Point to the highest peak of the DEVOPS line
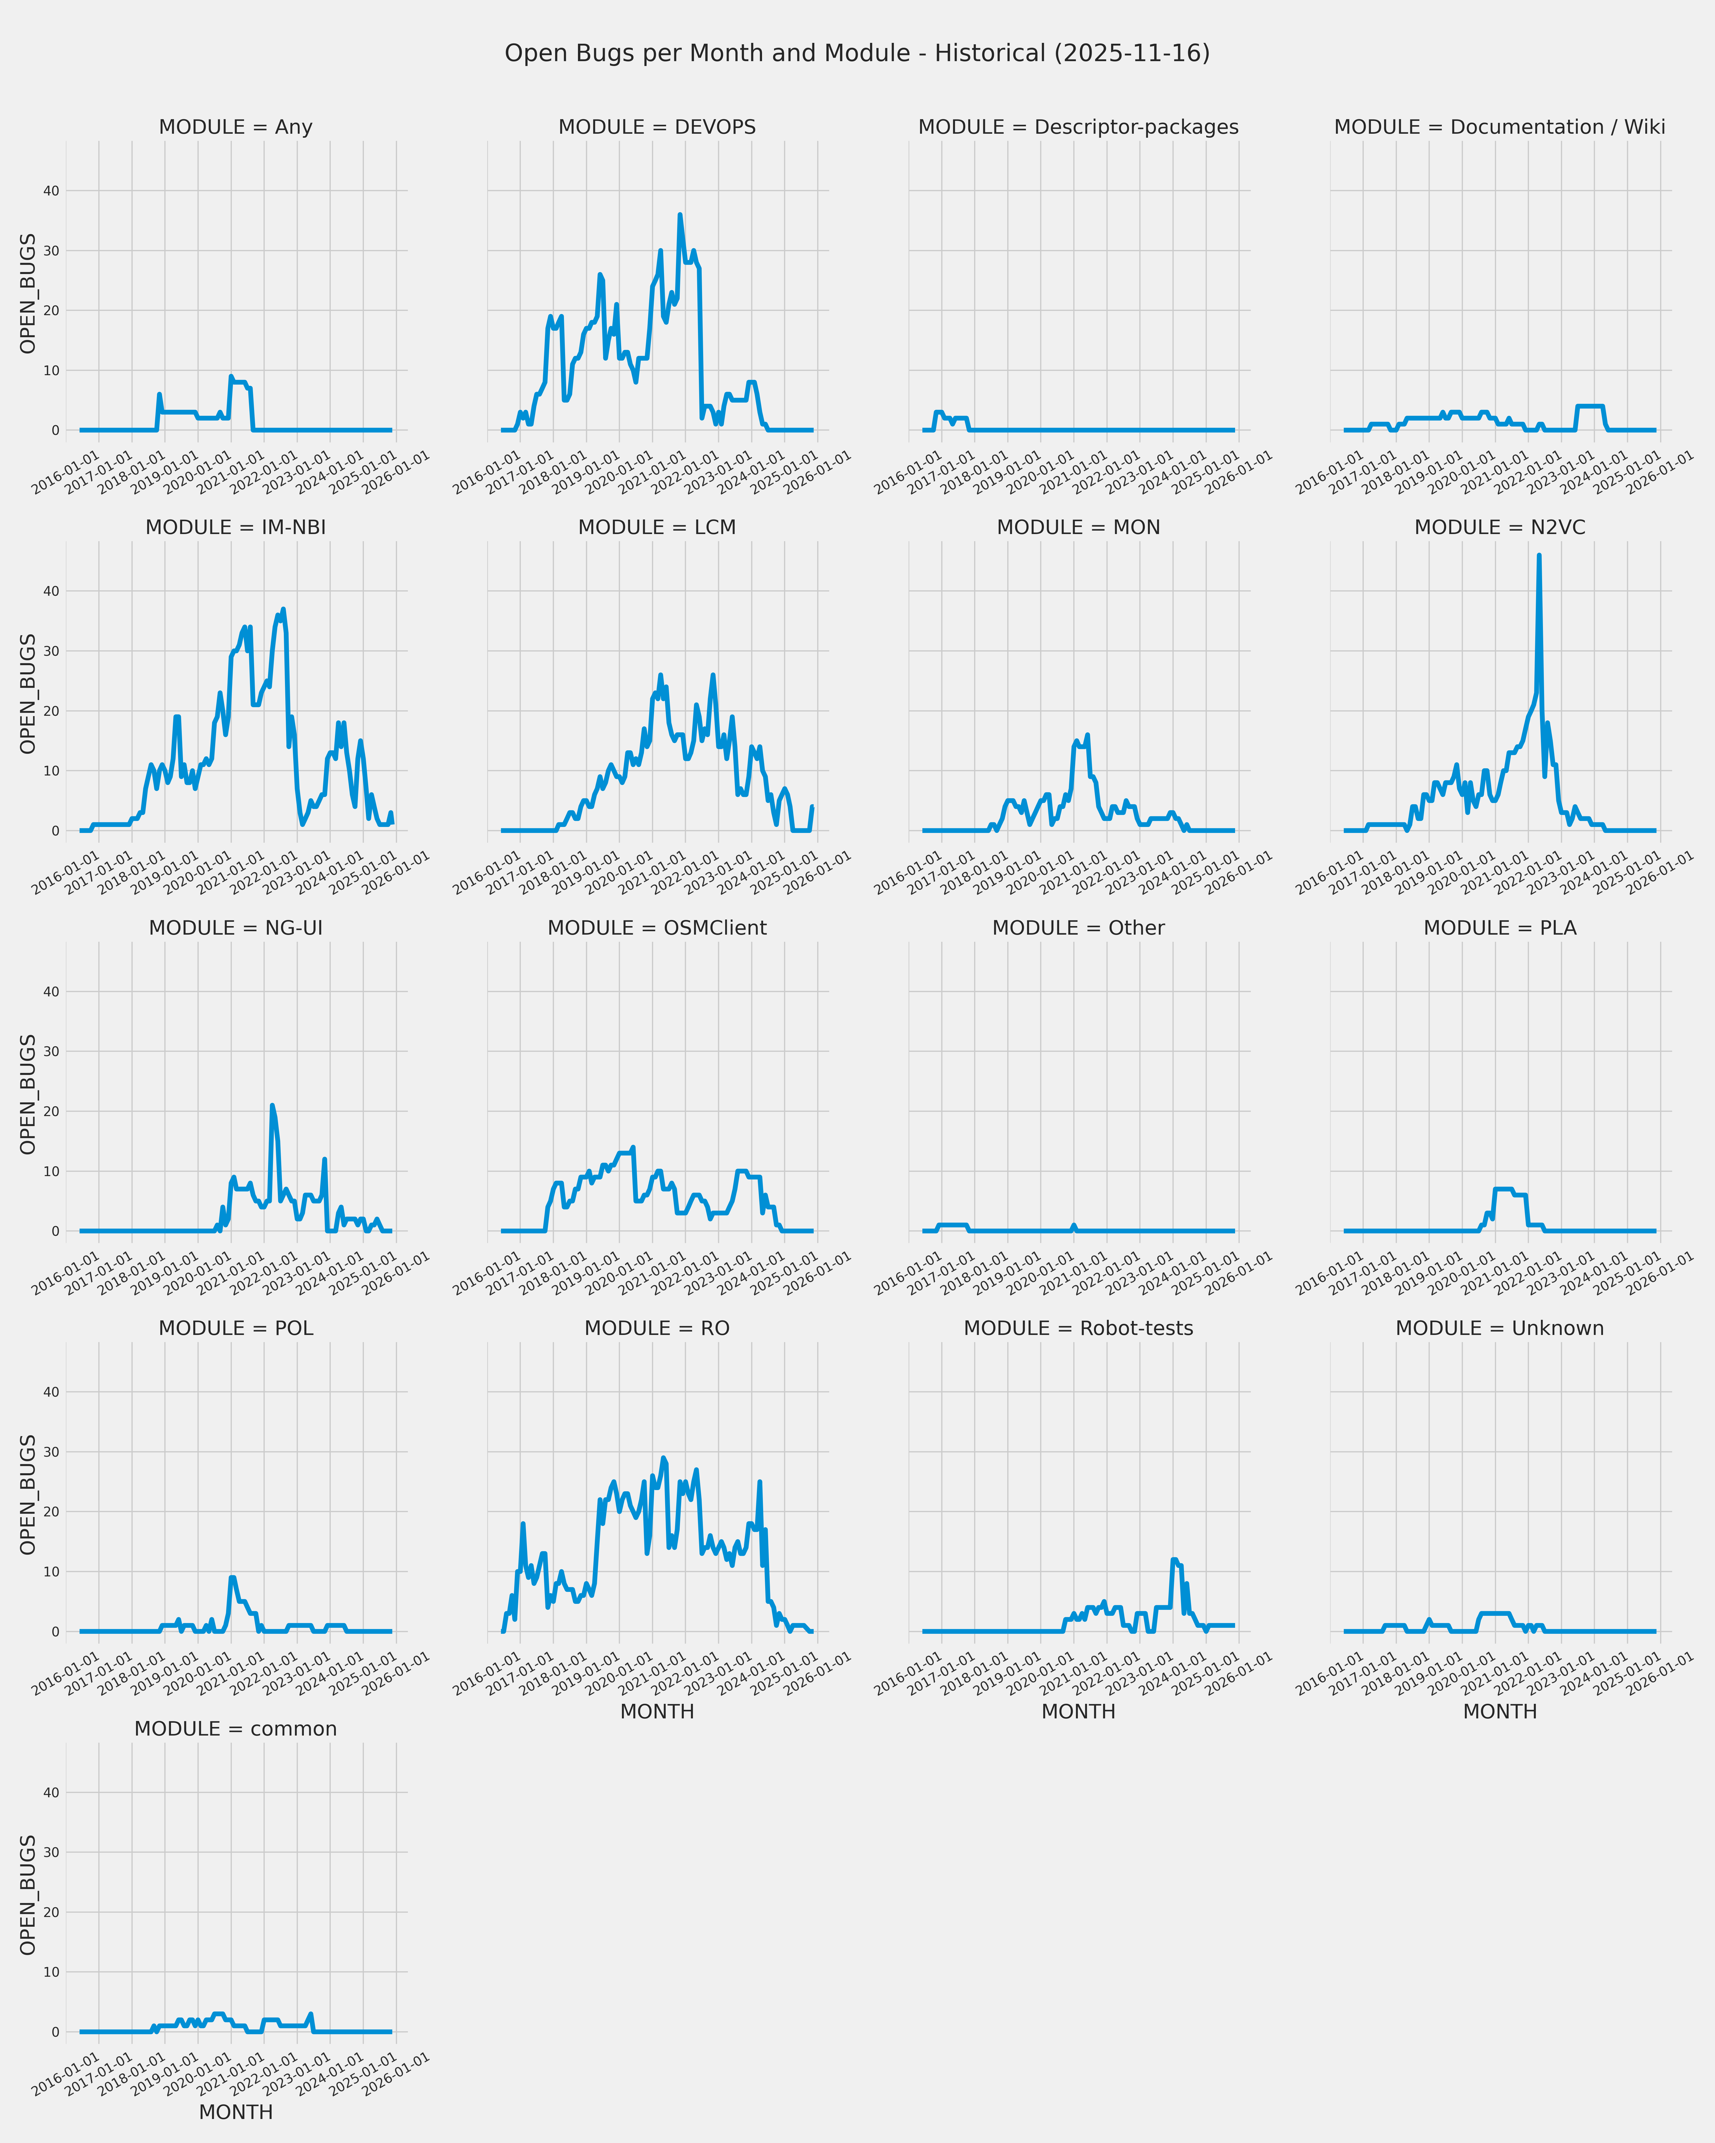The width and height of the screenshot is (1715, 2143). point(680,215)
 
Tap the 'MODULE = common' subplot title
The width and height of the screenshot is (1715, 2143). point(236,1728)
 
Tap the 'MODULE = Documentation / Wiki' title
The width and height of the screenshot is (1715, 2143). point(1499,127)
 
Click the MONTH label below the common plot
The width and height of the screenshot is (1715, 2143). point(236,2112)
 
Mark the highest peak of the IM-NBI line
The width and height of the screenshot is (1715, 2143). point(283,609)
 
